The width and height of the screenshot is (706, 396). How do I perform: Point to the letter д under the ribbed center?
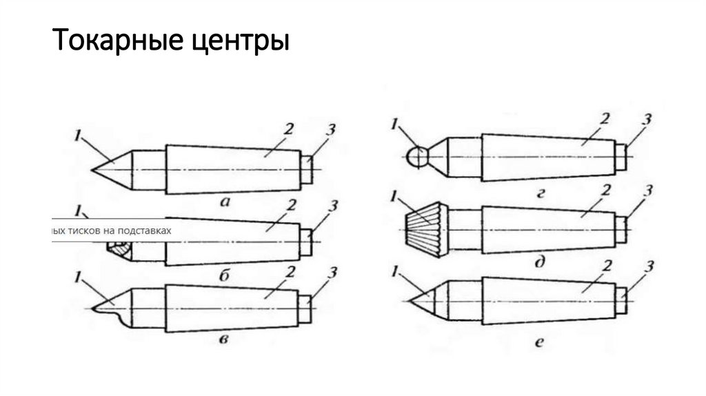coord(542,263)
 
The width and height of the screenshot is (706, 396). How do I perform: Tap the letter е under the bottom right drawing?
coord(543,340)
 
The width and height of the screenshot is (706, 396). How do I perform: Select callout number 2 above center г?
coord(605,119)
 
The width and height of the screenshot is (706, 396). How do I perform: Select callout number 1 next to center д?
coord(394,197)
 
